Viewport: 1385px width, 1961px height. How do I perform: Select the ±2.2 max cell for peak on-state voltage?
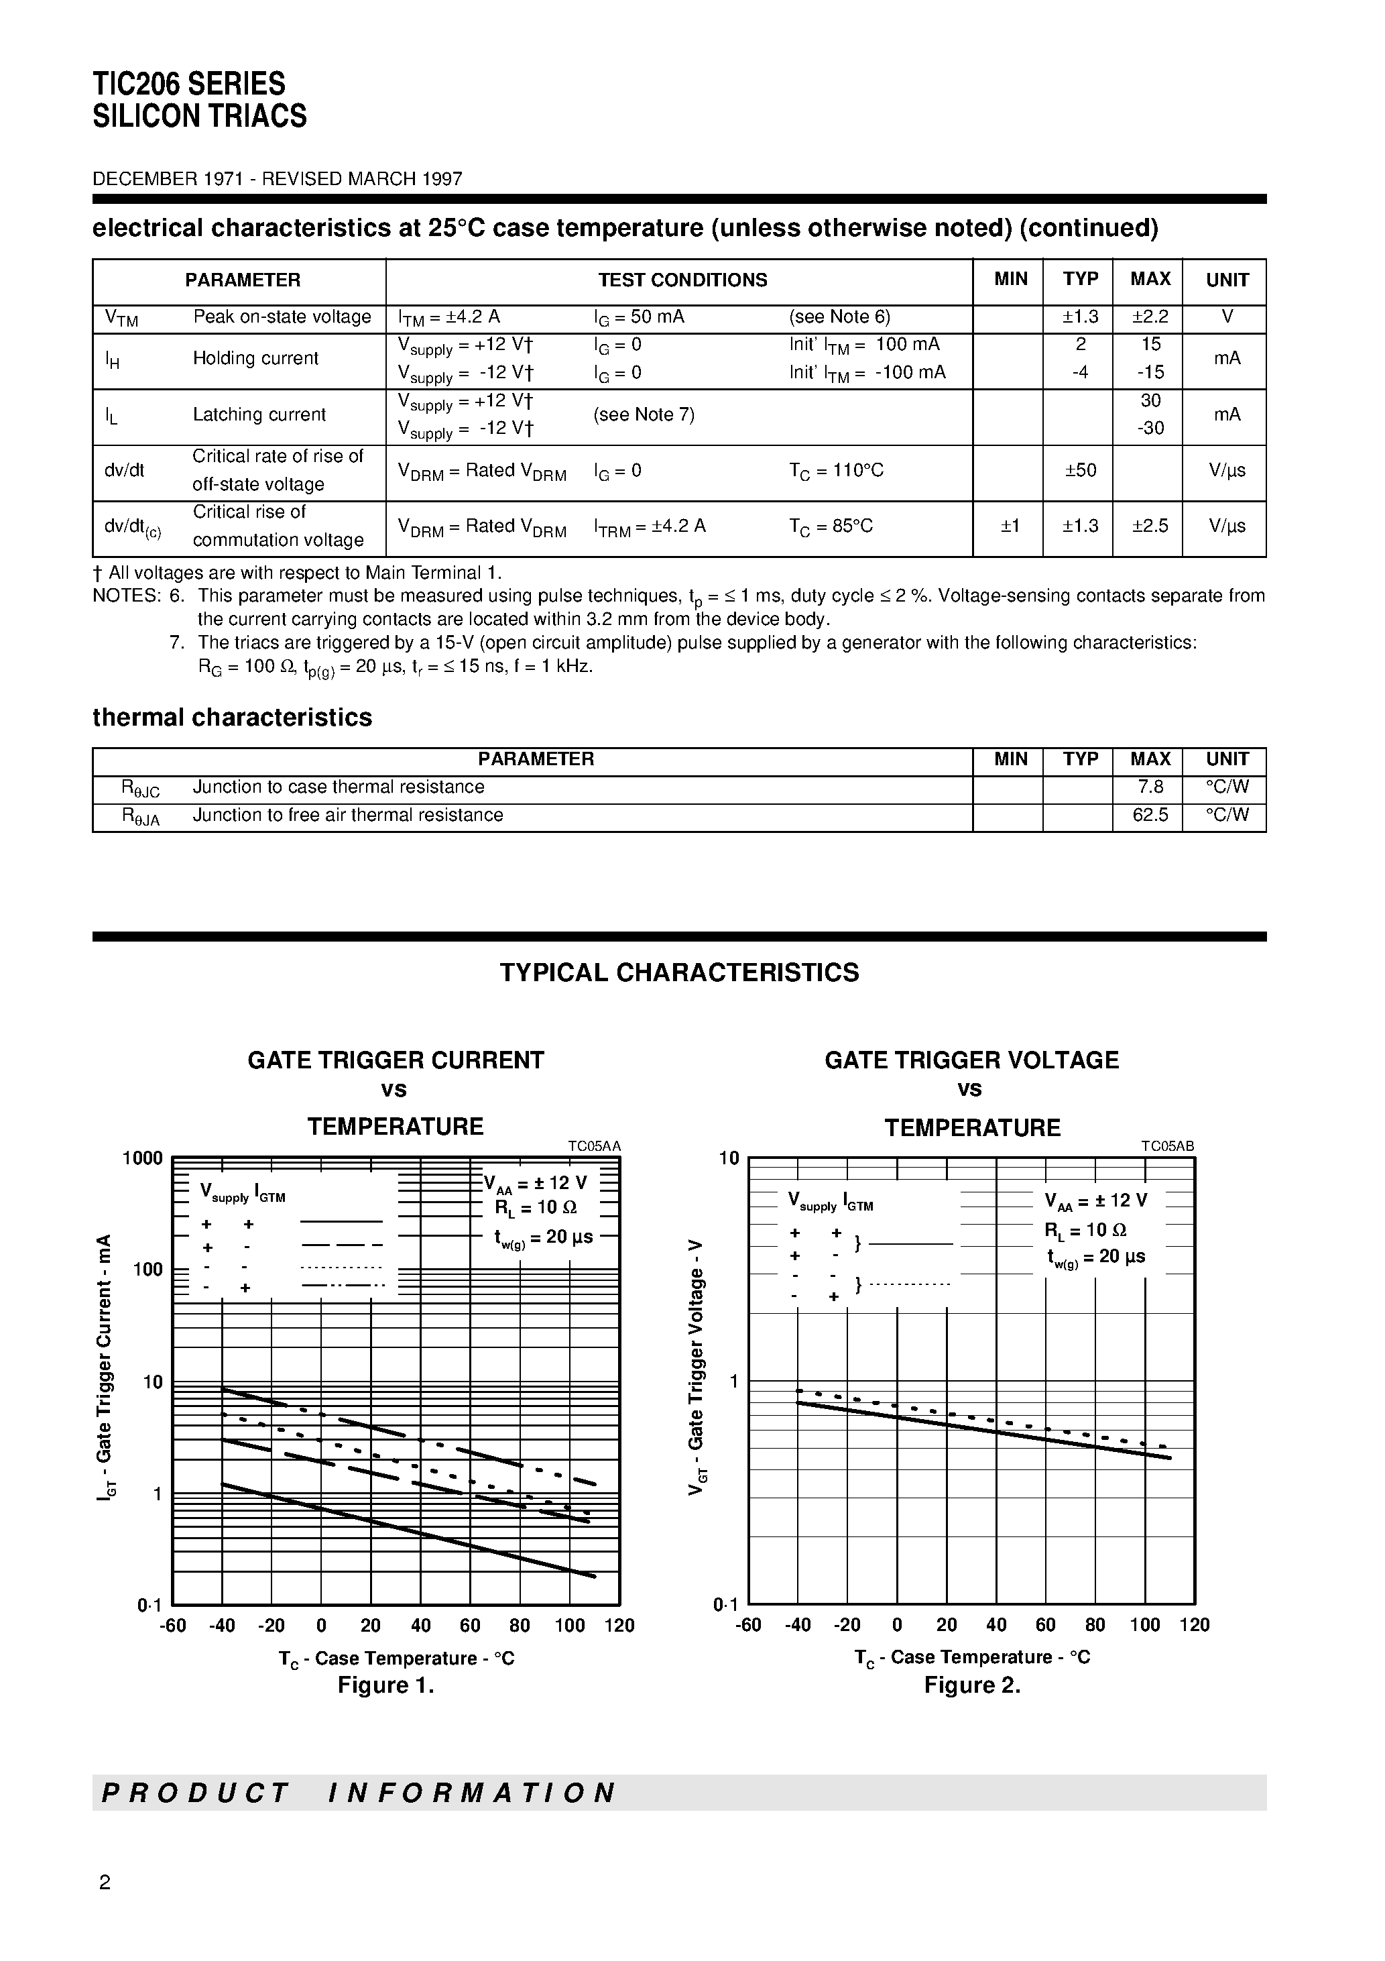click(1150, 317)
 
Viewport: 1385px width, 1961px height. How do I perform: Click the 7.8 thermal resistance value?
click(1150, 787)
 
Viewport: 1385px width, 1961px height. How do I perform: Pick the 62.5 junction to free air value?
click(1150, 815)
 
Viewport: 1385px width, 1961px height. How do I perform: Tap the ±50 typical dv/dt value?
click(1080, 471)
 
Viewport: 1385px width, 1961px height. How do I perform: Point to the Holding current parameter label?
click(255, 359)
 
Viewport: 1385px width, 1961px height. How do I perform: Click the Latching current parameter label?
click(259, 415)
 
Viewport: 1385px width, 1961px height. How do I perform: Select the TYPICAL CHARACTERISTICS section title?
click(679, 973)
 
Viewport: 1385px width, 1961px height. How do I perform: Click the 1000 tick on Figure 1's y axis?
click(143, 1158)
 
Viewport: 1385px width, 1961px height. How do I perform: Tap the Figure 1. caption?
click(386, 1685)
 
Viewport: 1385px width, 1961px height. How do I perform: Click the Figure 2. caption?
click(972, 1685)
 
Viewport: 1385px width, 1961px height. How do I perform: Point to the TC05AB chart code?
click(1167, 1146)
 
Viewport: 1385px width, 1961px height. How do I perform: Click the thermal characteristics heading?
click(232, 718)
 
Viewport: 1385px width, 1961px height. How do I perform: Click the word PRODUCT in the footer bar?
click(196, 1793)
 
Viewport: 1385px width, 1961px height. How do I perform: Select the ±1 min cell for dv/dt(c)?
click(1010, 526)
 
